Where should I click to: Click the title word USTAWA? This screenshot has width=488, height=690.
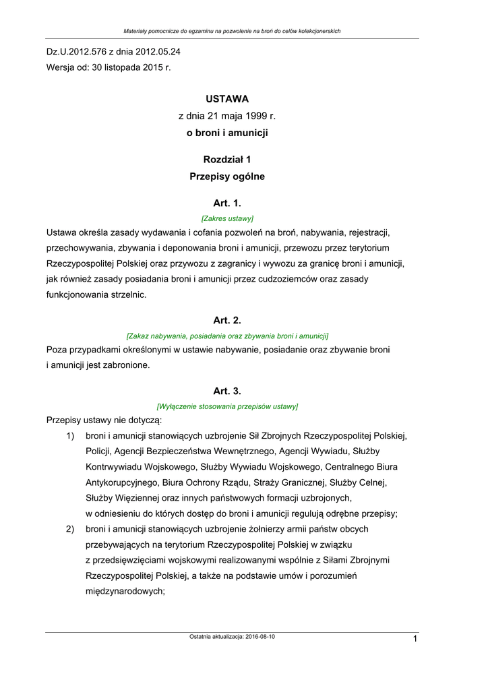pos(227,98)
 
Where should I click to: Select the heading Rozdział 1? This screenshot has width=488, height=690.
pos(227,160)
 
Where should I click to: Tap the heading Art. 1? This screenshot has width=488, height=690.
pos(227,203)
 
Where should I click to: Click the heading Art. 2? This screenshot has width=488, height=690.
pos(227,320)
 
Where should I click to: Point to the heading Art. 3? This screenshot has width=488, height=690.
pos(227,391)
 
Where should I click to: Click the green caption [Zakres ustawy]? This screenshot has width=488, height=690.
pos(227,218)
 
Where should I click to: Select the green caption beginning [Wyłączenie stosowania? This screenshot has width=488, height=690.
pos(227,406)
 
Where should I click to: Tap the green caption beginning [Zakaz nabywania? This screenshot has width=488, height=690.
pos(227,336)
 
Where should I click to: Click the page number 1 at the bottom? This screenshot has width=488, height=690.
pos(416,639)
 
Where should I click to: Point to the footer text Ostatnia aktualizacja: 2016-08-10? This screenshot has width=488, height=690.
pos(232,637)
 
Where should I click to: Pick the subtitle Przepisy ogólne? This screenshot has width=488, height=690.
pos(227,177)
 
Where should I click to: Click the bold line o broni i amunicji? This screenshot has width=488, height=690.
pos(227,133)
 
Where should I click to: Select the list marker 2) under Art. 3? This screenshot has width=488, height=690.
pos(70,529)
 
